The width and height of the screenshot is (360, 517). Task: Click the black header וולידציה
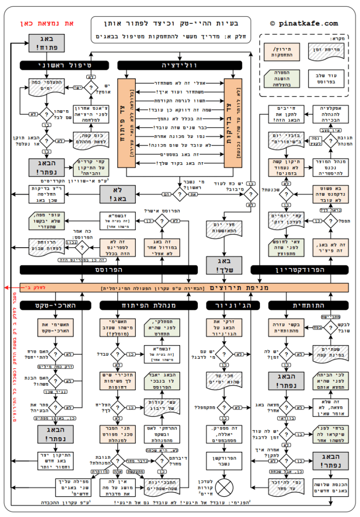click(179, 66)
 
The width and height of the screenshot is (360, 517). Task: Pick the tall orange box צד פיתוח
click(127, 123)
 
